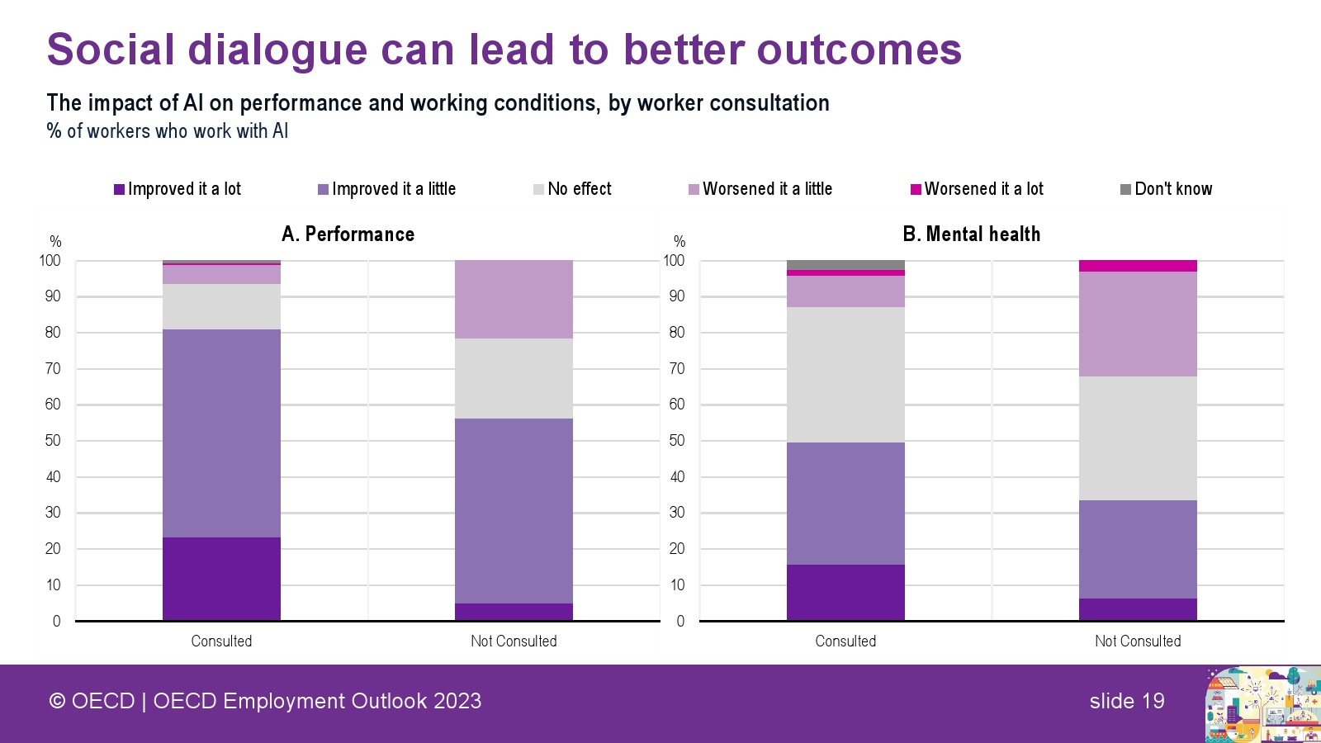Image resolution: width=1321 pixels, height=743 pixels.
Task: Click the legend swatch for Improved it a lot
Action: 119,189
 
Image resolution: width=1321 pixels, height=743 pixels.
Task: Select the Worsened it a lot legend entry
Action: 976,189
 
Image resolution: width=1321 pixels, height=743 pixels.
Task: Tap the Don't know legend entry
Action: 1166,189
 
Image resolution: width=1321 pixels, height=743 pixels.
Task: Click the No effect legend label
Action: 580,189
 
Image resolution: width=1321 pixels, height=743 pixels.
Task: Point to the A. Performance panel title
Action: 348,234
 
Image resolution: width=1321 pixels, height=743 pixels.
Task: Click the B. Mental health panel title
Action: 971,234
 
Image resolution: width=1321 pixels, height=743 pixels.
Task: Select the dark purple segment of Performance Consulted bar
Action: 221,579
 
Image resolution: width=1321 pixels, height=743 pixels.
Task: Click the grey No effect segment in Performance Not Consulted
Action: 514,378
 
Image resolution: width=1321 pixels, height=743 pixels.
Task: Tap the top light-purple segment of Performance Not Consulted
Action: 514,299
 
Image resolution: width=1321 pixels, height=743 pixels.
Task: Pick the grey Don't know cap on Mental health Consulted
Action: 845,265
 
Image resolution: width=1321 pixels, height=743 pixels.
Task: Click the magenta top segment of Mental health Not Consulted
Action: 1138,266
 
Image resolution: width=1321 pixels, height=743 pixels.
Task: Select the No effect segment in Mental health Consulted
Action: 845,375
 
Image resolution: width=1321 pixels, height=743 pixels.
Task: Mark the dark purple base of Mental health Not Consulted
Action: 1138,609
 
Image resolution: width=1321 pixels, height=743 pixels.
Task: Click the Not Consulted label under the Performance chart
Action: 514,641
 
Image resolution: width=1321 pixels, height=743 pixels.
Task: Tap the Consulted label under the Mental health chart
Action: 845,641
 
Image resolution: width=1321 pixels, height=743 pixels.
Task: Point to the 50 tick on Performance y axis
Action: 53,441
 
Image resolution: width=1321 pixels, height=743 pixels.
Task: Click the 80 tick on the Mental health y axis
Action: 677,333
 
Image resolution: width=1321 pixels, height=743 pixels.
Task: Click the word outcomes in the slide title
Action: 859,50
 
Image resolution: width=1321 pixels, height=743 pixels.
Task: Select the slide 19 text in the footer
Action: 1127,701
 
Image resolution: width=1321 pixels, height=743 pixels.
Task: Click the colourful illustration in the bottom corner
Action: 1262,704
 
